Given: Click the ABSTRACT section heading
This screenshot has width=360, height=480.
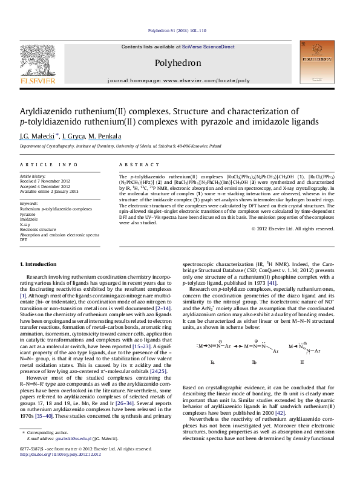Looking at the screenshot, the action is coord(134,164).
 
